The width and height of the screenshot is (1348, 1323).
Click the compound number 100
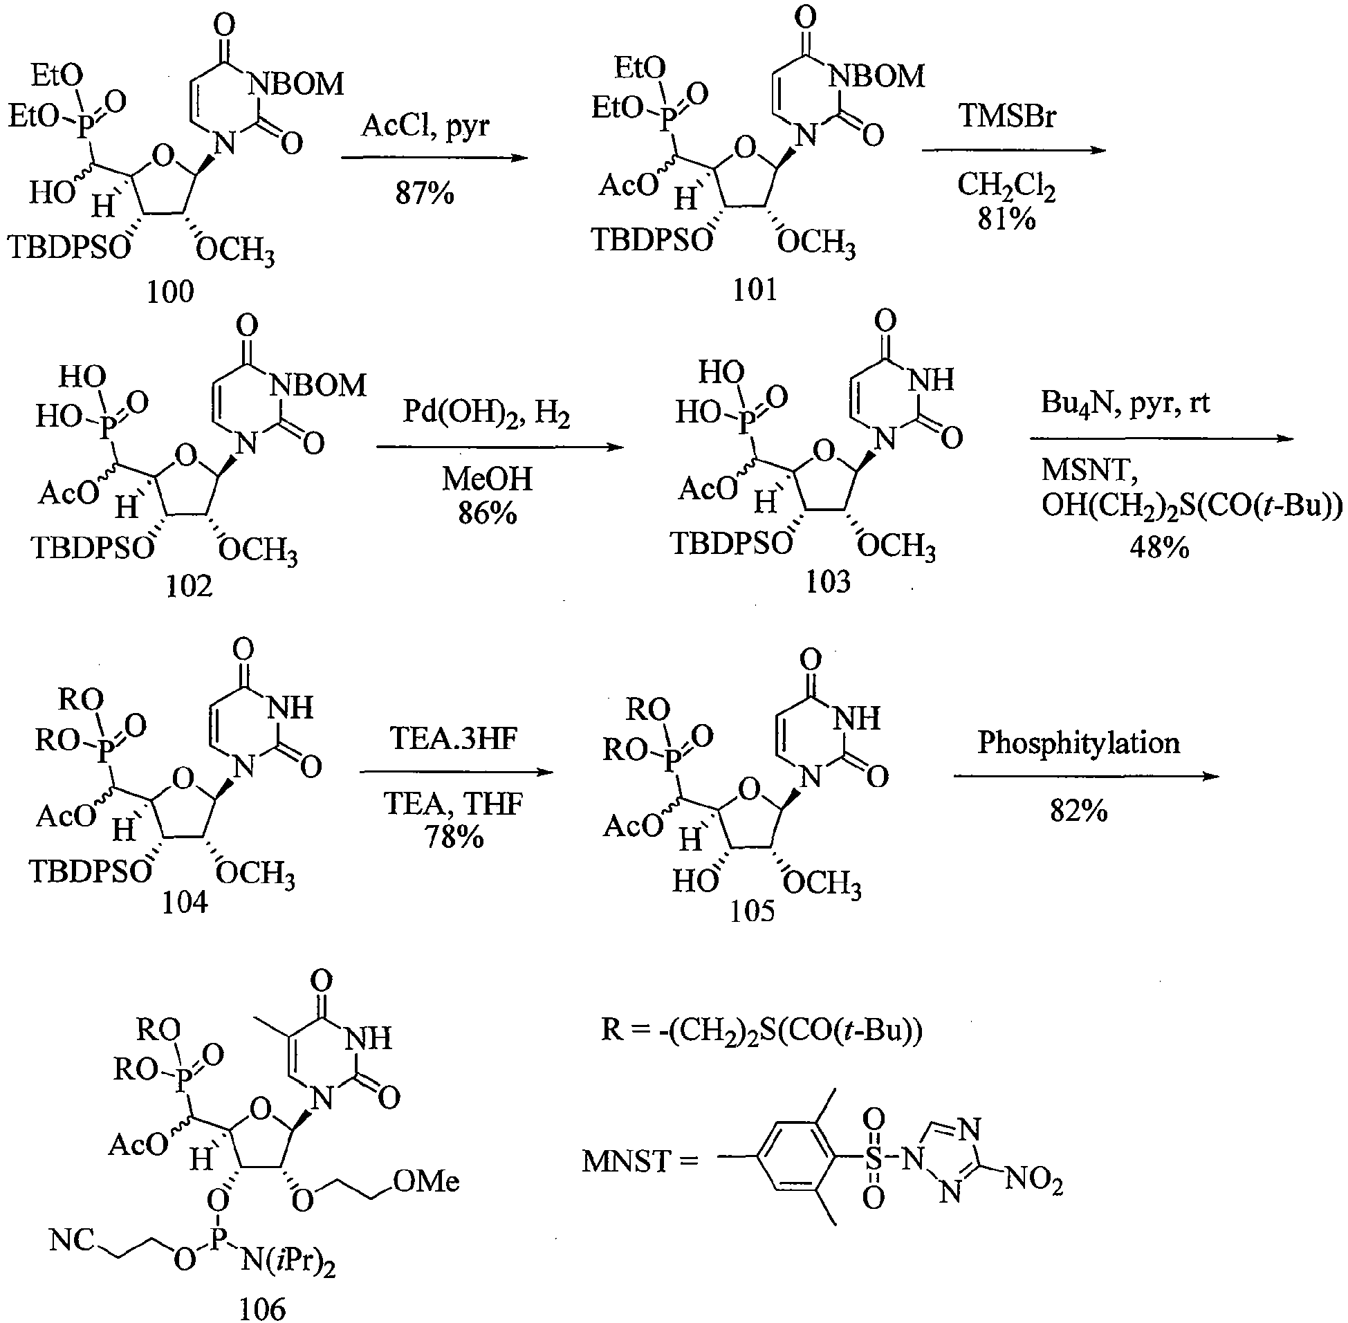170,292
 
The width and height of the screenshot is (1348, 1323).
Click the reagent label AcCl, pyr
426,126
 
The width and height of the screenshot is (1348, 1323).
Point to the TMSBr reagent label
1007,115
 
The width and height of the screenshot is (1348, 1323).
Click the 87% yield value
425,193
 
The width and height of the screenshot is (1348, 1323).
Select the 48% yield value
1159,548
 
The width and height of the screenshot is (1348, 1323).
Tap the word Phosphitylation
1078,743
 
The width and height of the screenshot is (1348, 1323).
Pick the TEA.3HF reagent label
454,738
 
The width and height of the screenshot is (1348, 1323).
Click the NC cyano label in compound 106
72,1239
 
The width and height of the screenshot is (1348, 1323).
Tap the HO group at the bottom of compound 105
694,882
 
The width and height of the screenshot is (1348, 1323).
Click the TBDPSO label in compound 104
91,871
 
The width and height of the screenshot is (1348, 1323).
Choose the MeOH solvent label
487,479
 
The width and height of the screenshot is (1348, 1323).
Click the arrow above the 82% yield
1085,776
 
